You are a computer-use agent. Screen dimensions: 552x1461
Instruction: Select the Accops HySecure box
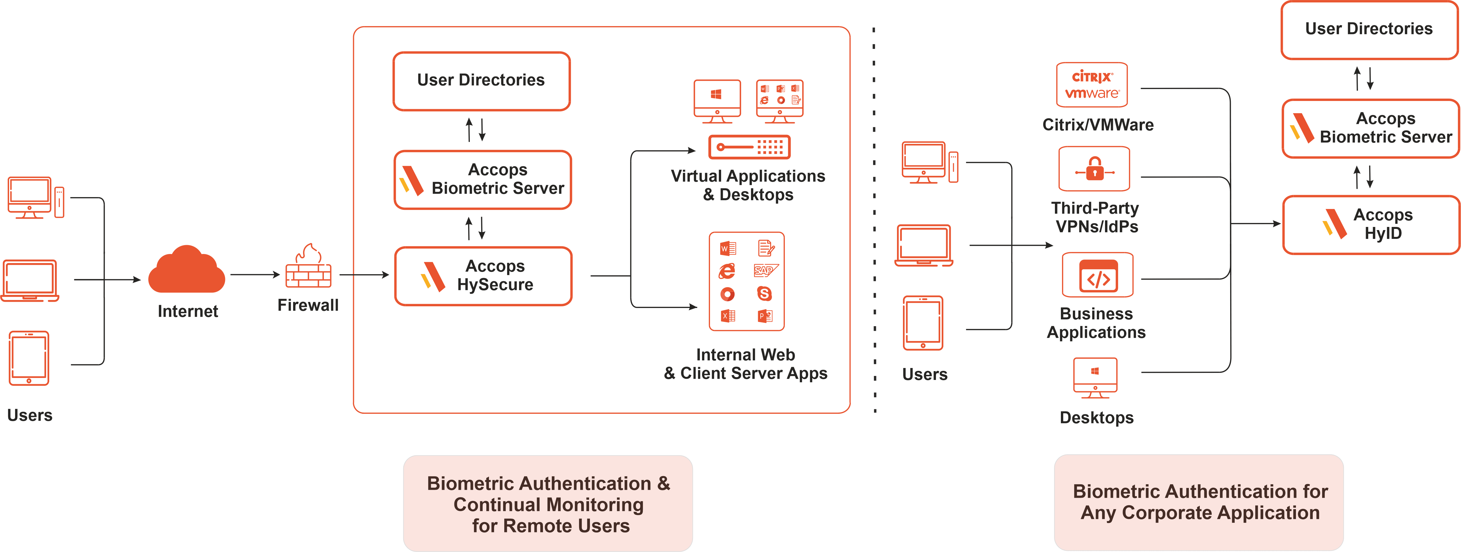(x=483, y=276)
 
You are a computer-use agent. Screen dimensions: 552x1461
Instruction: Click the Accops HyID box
(x=1370, y=224)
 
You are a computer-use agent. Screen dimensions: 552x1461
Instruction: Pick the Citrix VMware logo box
(x=1092, y=85)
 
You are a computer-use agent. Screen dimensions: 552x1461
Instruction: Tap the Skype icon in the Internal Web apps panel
(x=764, y=293)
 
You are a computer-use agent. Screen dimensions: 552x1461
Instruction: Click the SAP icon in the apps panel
(x=765, y=270)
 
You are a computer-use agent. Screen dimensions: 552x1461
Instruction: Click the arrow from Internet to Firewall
(x=255, y=275)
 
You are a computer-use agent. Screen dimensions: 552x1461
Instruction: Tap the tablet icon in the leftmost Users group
(x=29, y=358)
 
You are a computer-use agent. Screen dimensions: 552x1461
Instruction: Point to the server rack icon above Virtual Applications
(x=749, y=147)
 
